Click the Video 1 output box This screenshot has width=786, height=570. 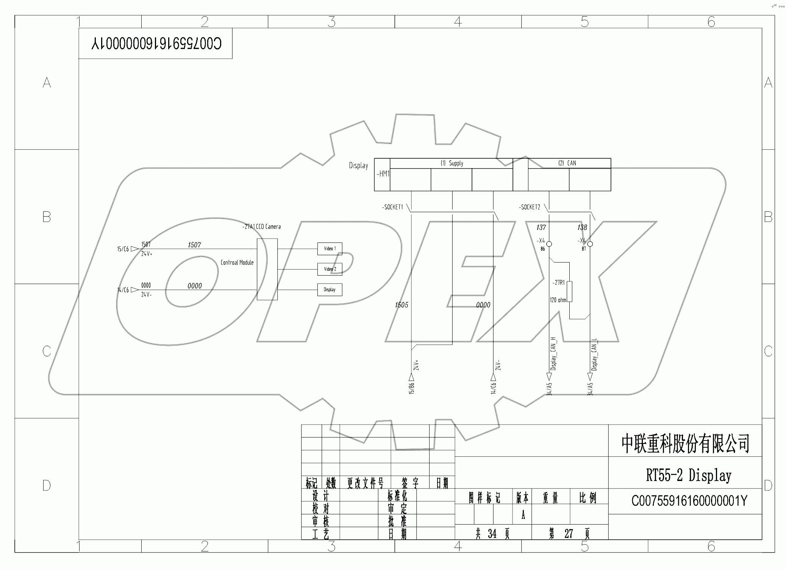pyautogui.click(x=330, y=249)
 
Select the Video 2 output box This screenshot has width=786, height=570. pyautogui.click(x=330, y=269)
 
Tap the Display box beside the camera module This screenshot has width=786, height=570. pyautogui.click(x=330, y=290)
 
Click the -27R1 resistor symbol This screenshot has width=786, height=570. pyautogui.click(x=569, y=291)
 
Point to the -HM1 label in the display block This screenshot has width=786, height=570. pyautogui.click(x=383, y=174)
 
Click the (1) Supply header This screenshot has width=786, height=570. pyautogui.click(x=452, y=163)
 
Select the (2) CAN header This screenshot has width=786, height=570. pyautogui.click(x=567, y=163)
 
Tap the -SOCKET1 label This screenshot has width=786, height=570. pyautogui.click(x=392, y=207)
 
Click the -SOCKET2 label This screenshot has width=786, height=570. pyautogui.click(x=530, y=207)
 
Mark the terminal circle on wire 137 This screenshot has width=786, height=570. pyautogui.click(x=549, y=244)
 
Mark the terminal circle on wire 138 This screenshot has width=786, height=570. pyautogui.click(x=590, y=244)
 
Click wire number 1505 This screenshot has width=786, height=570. pyautogui.click(x=402, y=305)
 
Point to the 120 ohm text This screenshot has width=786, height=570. pyautogui.click(x=558, y=300)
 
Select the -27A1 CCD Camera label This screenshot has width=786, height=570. pyautogui.click(x=261, y=227)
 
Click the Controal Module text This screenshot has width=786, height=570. pyautogui.click(x=237, y=262)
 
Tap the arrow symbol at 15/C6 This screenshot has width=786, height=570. pyautogui.click(x=134, y=249)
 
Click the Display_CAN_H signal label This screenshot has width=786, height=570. pyautogui.click(x=553, y=353)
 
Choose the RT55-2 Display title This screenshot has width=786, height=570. pyautogui.click(x=688, y=475)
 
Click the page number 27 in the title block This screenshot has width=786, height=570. pyautogui.click(x=568, y=534)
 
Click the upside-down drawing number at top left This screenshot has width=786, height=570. pyautogui.click(x=156, y=44)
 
